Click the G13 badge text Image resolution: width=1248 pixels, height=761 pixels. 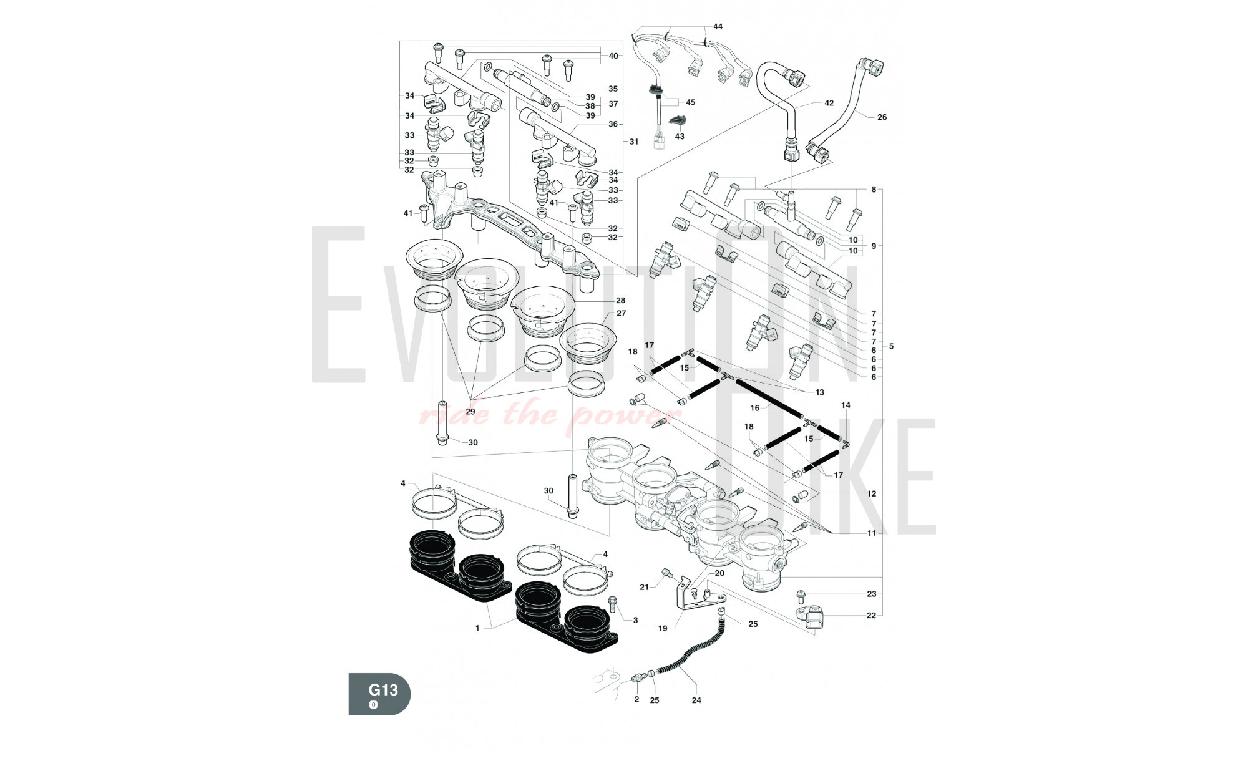pos(383,690)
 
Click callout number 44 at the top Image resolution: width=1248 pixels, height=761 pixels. pos(718,27)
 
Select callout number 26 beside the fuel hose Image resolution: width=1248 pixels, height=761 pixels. pos(882,117)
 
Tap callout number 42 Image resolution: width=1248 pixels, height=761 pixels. pos(829,103)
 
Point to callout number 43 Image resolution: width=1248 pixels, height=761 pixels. pos(680,136)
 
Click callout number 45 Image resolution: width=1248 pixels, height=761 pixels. pos(690,102)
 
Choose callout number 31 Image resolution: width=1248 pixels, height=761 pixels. pos(634,142)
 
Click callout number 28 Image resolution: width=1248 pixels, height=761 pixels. pos(620,301)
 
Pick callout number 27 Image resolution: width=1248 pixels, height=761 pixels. pos(621,313)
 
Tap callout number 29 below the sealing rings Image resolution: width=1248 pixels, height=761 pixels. pos(470,412)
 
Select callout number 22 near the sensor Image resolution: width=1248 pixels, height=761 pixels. pos(872,615)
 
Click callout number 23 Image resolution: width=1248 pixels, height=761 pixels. pos(872,594)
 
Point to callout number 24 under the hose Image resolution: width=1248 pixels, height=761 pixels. pos(696,700)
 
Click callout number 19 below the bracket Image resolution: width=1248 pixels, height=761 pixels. pos(663,628)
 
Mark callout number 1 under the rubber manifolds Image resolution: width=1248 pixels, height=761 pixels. pos(477,628)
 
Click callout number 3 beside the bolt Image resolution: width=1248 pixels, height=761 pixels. pos(635,620)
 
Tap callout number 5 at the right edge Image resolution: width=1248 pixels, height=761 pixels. pos(891,346)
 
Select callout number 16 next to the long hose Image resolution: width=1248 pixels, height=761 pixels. pos(754,408)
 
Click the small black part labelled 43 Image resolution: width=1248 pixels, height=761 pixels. pos(677,120)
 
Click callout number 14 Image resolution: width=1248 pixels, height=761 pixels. pos(846,405)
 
